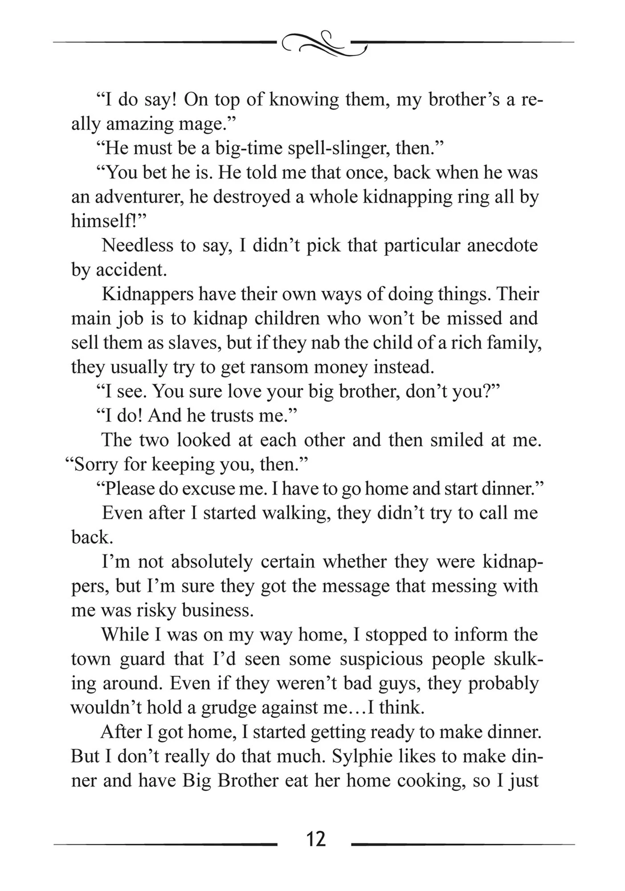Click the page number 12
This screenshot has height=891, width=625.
(x=316, y=839)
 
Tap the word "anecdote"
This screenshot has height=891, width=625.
(x=502, y=245)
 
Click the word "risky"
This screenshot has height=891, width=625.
(x=156, y=610)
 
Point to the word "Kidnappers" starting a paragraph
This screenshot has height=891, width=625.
(x=147, y=294)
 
